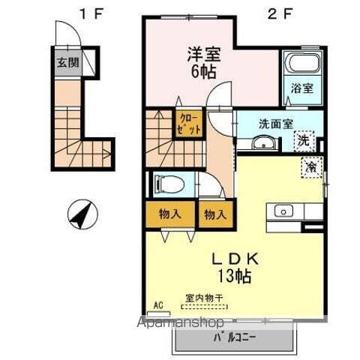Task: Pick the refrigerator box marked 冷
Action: point(309,166)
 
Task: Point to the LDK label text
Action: point(236,259)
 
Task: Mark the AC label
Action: point(158,304)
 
